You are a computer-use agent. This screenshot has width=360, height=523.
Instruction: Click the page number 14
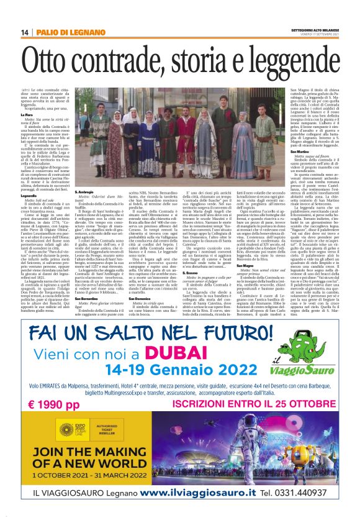(x=25, y=32)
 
